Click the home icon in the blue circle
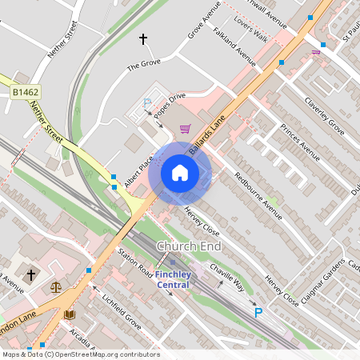coord(180,173)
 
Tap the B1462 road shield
coord(25,94)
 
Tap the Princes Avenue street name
coord(300,142)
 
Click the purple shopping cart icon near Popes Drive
coord(186,128)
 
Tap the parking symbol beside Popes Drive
coord(147,102)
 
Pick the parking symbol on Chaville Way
coord(258,313)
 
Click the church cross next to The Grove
coord(144,38)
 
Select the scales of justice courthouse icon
coord(55,286)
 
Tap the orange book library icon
coord(70,315)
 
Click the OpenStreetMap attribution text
coord(81,354)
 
